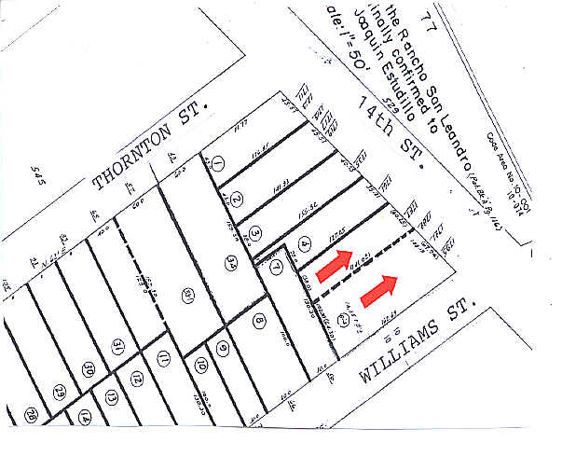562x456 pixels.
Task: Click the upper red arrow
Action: [336, 265]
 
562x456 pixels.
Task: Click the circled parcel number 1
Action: [218, 165]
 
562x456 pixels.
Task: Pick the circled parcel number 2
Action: [237, 200]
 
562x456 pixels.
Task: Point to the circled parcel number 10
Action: [200, 366]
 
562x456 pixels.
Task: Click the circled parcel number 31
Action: [118, 349]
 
